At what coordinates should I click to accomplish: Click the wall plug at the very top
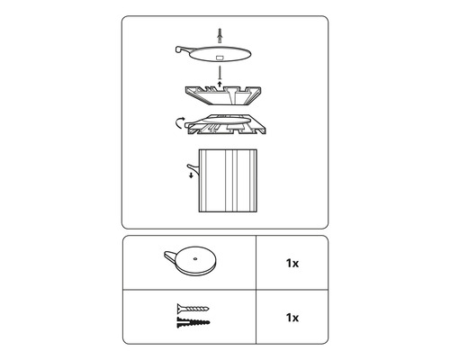pyautogui.click(x=220, y=36)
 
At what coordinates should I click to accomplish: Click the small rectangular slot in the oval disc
pyautogui.click(x=220, y=58)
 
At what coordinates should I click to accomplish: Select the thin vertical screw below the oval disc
pyautogui.click(x=220, y=74)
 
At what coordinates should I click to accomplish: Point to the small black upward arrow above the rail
pyautogui.click(x=220, y=84)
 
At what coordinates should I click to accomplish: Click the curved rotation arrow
pyautogui.click(x=178, y=123)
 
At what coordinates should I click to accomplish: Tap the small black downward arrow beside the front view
pyautogui.click(x=191, y=175)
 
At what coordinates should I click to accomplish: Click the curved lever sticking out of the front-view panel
pyautogui.click(x=193, y=169)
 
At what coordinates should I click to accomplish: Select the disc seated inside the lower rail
pyautogui.click(x=220, y=120)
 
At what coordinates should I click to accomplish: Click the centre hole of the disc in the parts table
pyautogui.click(x=194, y=258)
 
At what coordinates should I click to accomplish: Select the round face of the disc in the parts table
pyautogui.click(x=195, y=258)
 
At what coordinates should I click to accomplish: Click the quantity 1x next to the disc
pyautogui.click(x=292, y=263)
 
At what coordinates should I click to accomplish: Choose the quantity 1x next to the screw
pyautogui.click(x=292, y=318)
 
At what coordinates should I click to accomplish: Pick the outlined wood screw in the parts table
pyautogui.click(x=193, y=308)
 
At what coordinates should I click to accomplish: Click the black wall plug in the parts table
pyautogui.click(x=193, y=322)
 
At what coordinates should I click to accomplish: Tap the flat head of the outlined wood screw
pyautogui.click(x=179, y=308)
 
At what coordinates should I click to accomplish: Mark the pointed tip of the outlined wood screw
pyautogui.click(x=209, y=309)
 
